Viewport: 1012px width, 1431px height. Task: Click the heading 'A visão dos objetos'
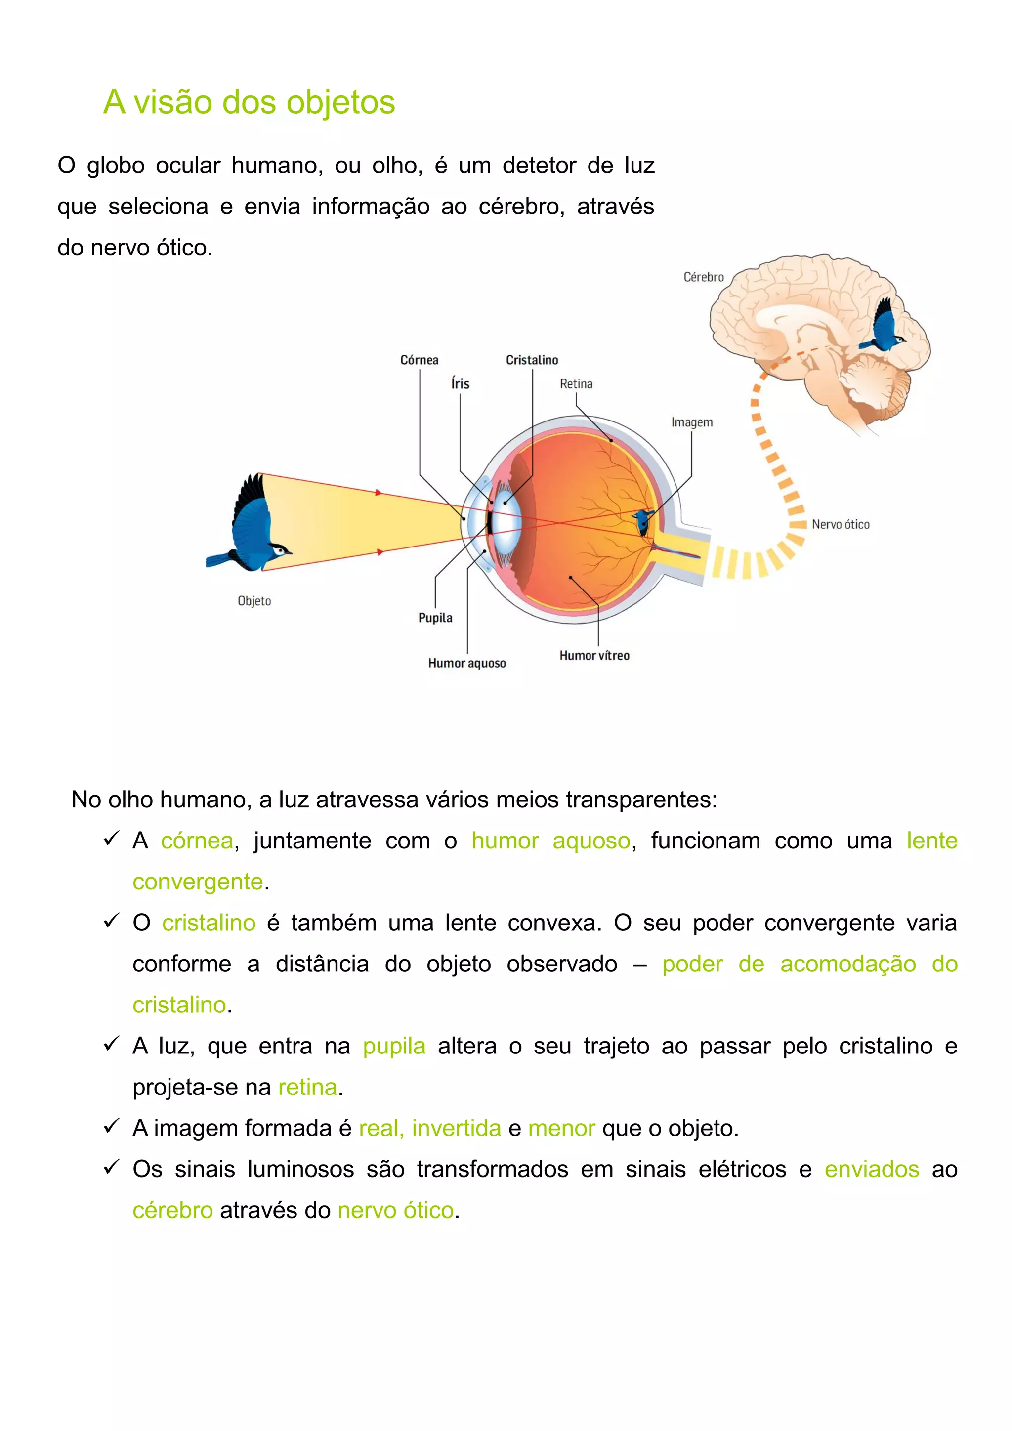coord(249,102)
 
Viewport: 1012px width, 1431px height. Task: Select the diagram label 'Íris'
coord(460,384)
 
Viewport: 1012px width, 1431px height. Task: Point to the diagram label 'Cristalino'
coord(532,360)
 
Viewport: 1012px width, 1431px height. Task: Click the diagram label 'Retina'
coord(576,384)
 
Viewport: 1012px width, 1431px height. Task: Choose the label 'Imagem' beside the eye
coord(692,422)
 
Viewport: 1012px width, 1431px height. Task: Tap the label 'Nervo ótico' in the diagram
coord(840,525)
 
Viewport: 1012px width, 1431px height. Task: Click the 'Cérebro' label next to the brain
coord(704,277)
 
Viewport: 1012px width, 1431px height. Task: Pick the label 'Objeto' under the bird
coord(254,601)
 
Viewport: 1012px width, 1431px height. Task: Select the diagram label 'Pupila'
coord(435,618)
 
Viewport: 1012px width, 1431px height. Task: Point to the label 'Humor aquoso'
coord(467,663)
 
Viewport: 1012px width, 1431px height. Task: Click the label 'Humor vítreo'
coord(594,656)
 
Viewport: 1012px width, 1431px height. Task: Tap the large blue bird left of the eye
coord(249,525)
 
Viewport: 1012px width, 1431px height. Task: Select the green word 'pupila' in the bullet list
coord(394,1046)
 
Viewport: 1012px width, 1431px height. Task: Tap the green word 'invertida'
coord(456,1128)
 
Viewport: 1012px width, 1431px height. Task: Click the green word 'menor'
coord(561,1128)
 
